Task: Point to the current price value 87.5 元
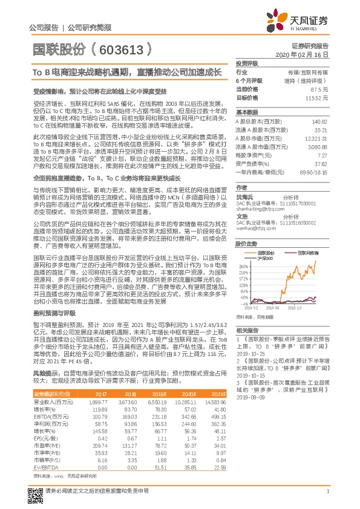click(x=319, y=88)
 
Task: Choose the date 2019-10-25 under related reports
click(x=247, y=354)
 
